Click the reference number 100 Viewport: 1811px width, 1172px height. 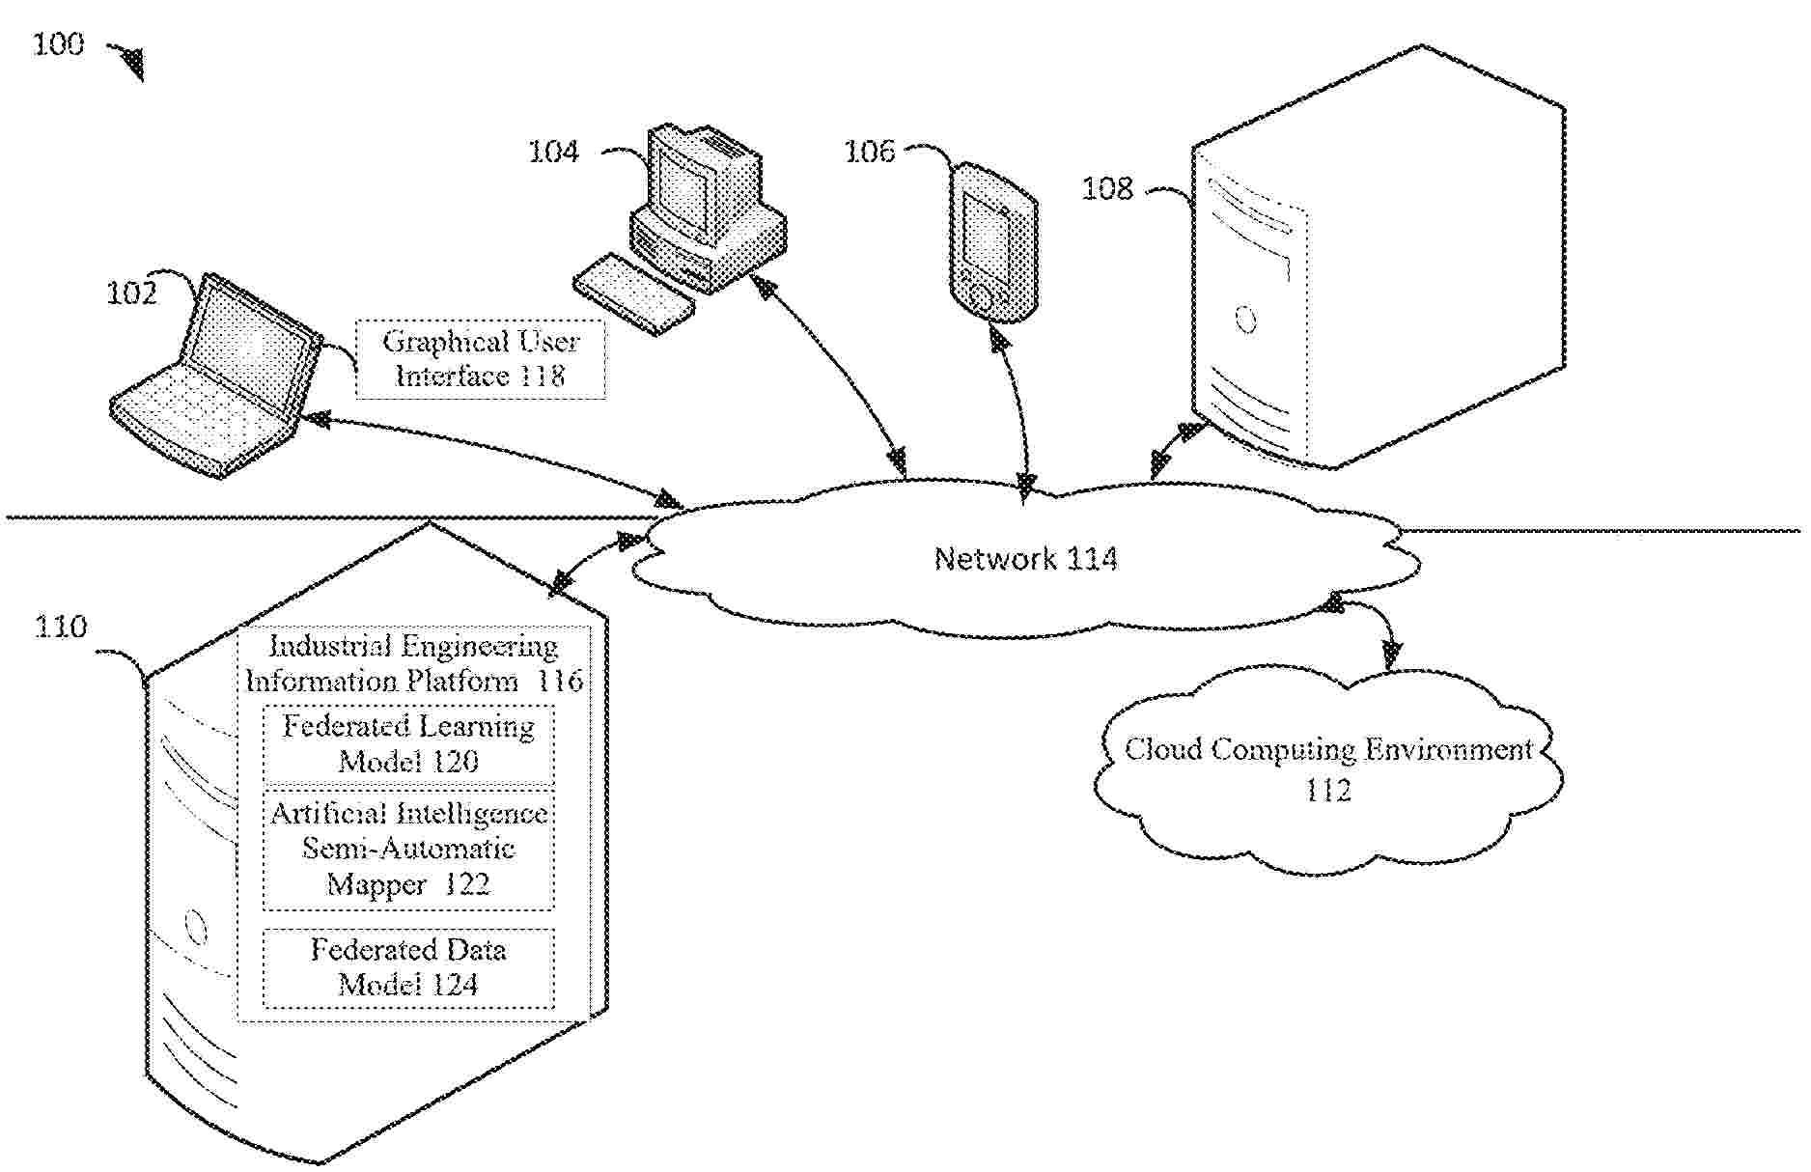coord(59,44)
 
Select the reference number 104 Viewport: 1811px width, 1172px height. coord(553,152)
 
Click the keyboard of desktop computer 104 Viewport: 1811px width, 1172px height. coord(633,293)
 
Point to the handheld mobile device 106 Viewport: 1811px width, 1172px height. coord(990,244)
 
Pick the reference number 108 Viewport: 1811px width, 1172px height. coord(1106,187)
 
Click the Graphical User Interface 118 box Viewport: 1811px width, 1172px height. coord(481,359)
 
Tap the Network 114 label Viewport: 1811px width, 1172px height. coord(1025,559)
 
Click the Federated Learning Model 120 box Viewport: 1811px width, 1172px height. coord(408,744)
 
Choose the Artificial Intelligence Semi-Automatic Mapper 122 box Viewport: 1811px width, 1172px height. coord(408,850)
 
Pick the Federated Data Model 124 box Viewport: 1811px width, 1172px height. coord(408,968)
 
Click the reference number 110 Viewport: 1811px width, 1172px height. coord(61,628)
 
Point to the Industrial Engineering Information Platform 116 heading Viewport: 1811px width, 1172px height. coord(413,664)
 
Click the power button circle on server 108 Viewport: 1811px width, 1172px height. coord(1245,319)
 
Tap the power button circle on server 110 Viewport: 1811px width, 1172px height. coord(196,929)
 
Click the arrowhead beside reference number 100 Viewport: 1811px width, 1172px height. coord(129,63)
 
